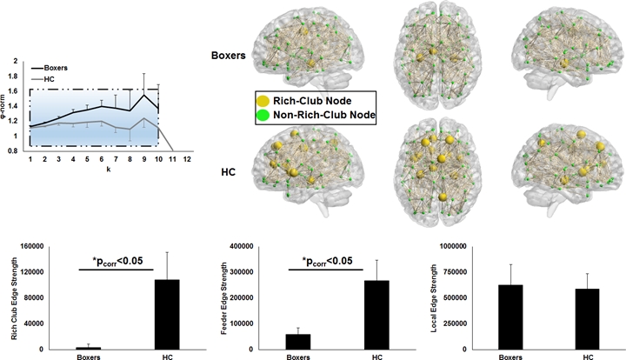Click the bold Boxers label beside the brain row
tap(228, 55)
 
